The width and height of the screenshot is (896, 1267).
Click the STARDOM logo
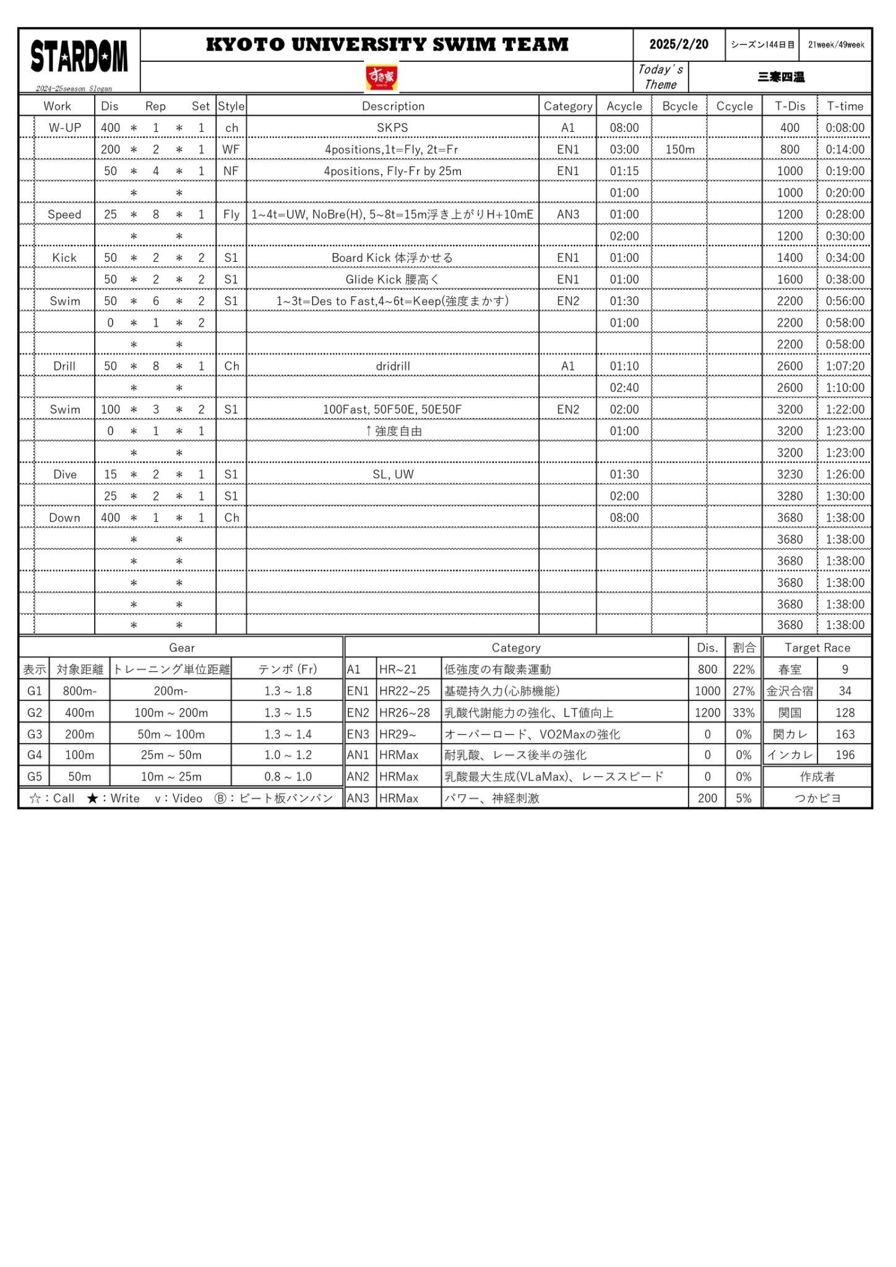[79, 57]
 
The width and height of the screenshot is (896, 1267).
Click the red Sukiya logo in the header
[381, 78]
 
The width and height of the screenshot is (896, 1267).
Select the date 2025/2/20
[679, 45]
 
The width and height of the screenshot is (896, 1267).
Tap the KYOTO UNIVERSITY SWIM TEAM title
[387, 45]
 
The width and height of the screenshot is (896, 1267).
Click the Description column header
[393, 106]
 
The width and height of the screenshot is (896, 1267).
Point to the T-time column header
[845, 106]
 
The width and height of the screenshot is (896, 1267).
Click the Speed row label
[64, 214]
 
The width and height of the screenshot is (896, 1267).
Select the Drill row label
[64, 366]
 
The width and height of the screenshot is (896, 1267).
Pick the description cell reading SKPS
[392, 127]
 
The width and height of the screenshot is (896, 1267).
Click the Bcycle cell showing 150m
[679, 149]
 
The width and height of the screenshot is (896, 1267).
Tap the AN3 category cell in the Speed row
[567, 214]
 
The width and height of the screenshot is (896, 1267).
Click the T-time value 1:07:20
[845, 366]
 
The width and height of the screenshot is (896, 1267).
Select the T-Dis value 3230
[790, 474]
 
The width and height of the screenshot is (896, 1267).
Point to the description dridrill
[393, 366]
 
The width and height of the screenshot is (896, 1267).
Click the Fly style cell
[231, 214]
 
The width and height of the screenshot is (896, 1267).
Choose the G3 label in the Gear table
[35, 734]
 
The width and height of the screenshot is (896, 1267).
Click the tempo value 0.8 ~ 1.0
[288, 776]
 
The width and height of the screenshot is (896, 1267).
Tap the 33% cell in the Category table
[743, 712]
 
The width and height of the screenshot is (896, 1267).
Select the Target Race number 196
[845, 755]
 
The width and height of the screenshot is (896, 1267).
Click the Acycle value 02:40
[624, 387]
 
